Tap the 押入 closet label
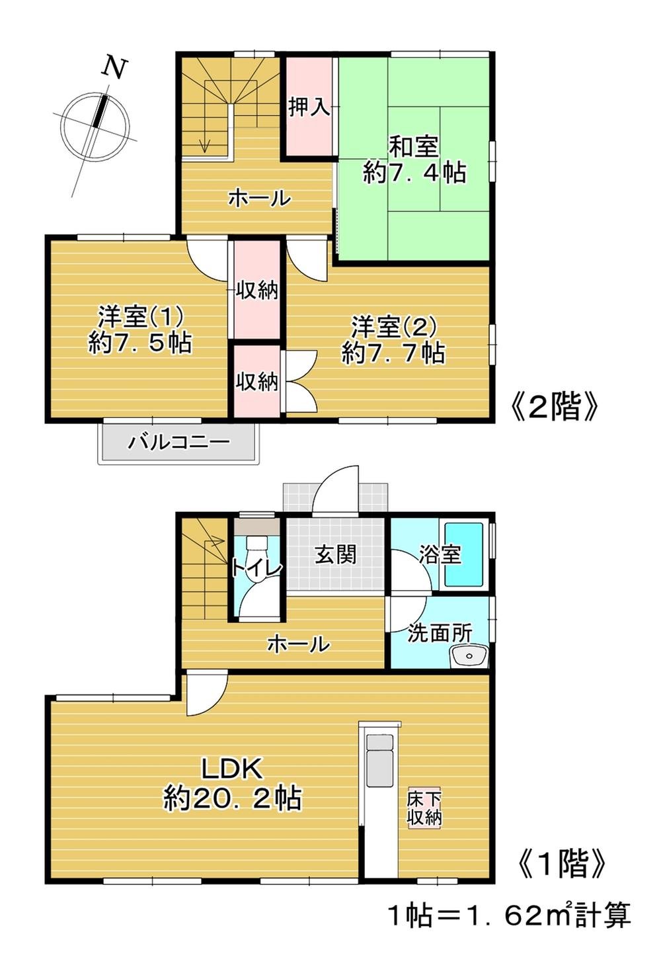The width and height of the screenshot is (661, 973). click(x=309, y=107)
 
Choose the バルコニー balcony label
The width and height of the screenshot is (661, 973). click(x=178, y=441)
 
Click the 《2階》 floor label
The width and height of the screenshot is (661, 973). click(x=555, y=407)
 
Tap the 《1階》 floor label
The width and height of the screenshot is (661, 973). click(x=561, y=863)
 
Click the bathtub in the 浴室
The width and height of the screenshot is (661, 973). click(x=464, y=554)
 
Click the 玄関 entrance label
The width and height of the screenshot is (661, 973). click(x=336, y=554)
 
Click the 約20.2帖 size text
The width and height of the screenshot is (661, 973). click(x=232, y=799)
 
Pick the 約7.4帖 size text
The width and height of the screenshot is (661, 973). click(x=414, y=173)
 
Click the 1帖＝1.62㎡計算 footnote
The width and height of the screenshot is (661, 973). click(x=508, y=915)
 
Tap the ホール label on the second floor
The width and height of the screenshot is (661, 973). click(x=259, y=198)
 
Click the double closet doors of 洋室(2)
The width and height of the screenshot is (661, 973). click(x=299, y=382)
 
